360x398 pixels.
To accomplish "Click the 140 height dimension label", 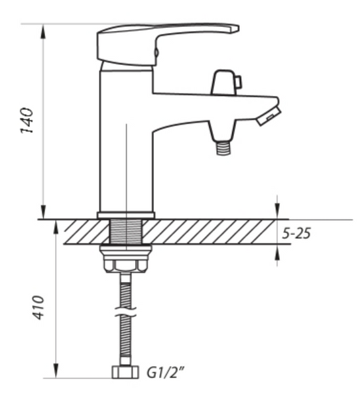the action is click(x=27, y=120).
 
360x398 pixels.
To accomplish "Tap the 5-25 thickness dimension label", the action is click(x=296, y=233).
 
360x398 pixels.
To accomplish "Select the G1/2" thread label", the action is click(x=165, y=372).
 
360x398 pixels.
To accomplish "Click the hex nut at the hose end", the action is click(x=125, y=372).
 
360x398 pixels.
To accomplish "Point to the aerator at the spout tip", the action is click(x=269, y=116).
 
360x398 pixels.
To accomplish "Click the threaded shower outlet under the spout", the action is click(x=224, y=148).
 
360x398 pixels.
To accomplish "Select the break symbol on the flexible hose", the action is click(x=125, y=312).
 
